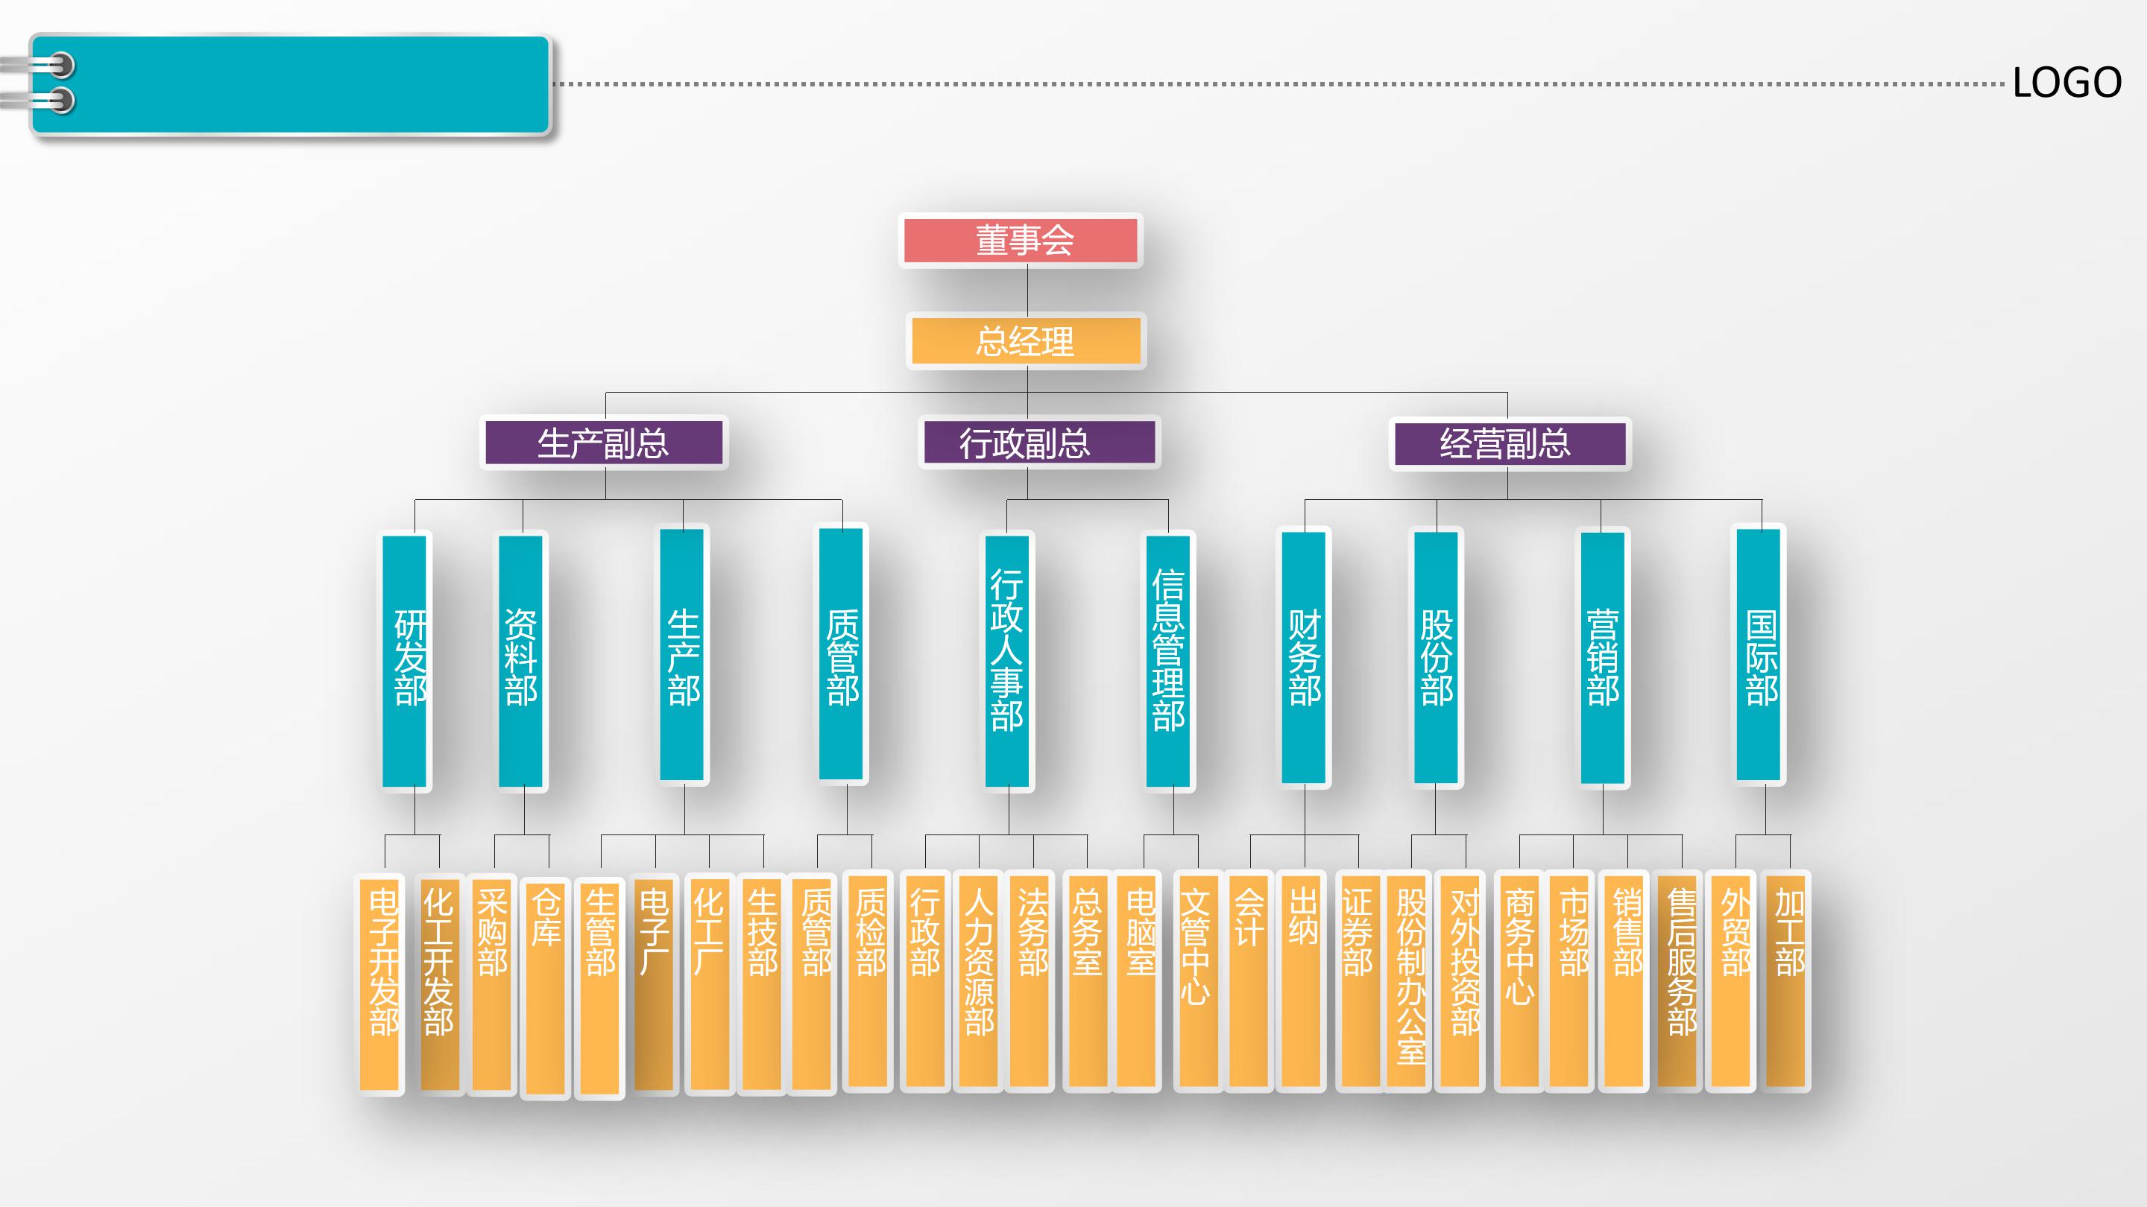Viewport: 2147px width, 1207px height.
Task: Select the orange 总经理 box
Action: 1025,341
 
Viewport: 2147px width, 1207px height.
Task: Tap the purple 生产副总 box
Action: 603,443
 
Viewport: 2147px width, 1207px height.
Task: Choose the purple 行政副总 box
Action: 1038,443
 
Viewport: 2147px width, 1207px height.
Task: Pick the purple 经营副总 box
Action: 1509,443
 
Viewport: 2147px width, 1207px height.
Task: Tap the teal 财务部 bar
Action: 1304,658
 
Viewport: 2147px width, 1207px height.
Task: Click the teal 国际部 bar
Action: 1759,655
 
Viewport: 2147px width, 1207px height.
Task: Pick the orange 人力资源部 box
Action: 979,981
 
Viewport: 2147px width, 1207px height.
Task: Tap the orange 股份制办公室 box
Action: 1410,981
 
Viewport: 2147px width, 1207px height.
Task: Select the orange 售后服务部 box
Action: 1680,981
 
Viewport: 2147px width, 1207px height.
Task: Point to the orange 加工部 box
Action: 1786,981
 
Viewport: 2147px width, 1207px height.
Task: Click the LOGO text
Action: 2067,83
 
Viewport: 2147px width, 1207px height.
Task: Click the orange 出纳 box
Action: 1302,981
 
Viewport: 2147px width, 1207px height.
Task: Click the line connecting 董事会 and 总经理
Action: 1027,290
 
